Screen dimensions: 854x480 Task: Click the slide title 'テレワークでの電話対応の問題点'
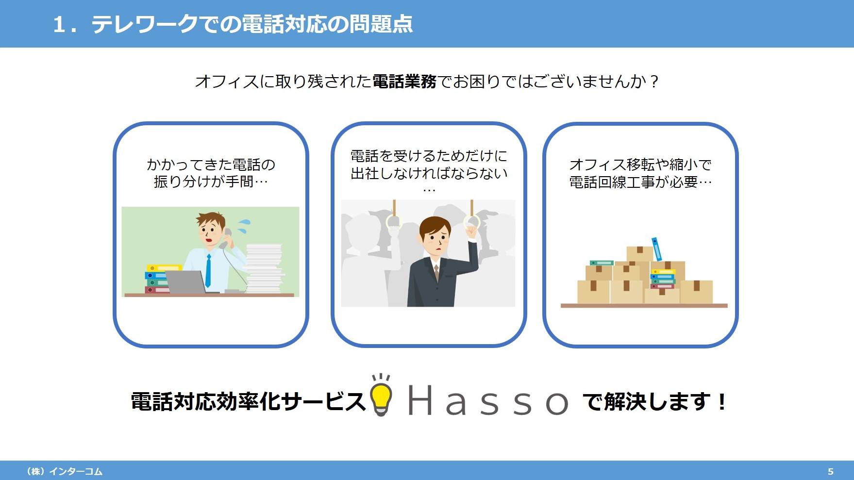[x=252, y=24]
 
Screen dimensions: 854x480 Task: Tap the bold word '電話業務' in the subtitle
[x=404, y=82]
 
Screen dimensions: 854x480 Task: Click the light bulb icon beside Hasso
[x=381, y=395]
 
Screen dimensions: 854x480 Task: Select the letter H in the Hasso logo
[x=420, y=400]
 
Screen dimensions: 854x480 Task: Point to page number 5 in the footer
[x=830, y=471]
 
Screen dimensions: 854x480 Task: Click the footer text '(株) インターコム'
[x=64, y=471]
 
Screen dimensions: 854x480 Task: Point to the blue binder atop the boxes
[x=657, y=249]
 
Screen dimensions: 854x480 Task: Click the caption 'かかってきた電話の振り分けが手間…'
[x=211, y=173]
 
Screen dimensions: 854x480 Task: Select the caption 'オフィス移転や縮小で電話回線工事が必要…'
[x=640, y=173]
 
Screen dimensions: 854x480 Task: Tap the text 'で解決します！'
[x=655, y=402]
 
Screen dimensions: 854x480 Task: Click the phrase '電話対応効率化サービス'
[x=248, y=402]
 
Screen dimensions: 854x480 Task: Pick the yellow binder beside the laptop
[x=164, y=268]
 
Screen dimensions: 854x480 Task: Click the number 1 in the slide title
[x=59, y=25]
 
